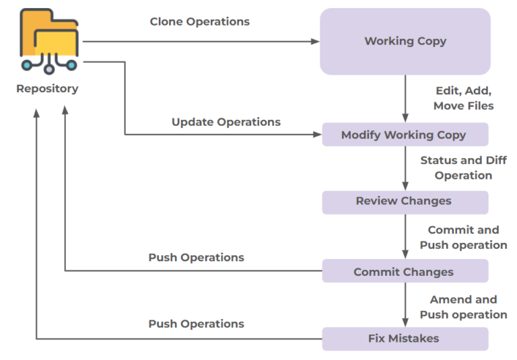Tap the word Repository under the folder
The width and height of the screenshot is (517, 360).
click(47, 88)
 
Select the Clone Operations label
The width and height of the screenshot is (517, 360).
click(199, 22)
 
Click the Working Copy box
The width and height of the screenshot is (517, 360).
click(405, 41)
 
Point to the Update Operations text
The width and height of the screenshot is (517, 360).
click(226, 122)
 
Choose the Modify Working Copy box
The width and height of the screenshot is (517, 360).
click(405, 135)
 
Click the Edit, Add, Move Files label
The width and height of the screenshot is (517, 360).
click(463, 98)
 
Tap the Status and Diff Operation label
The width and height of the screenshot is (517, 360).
click(463, 168)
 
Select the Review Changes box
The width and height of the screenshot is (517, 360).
click(405, 201)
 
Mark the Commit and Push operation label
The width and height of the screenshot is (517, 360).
click(463, 238)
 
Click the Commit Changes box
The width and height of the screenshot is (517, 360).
click(405, 272)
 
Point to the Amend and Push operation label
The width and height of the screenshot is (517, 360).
click(463, 307)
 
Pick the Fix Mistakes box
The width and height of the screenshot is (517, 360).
click(405, 338)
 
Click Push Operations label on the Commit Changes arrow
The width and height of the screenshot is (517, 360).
click(196, 257)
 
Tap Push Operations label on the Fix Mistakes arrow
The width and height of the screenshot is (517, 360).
click(196, 324)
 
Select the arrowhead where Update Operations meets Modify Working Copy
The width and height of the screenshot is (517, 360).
click(318, 135)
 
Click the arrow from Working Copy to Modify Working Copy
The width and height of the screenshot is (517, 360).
click(405, 98)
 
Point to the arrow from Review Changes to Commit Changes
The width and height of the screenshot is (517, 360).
click(405, 236)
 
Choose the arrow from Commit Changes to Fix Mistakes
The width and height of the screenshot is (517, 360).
click(405, 304)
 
